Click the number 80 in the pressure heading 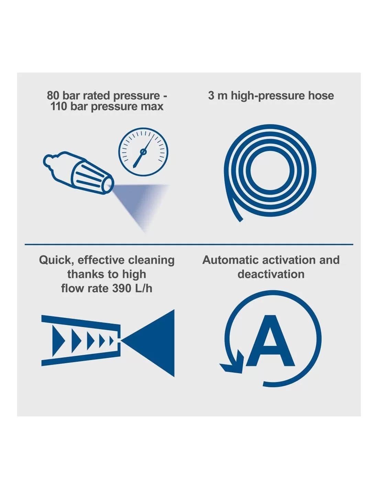[53, 96]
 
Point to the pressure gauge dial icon [143, 152]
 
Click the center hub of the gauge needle [143, 152]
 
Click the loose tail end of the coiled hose [240, 220]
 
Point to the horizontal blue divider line [189, 244]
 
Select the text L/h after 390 [143, 288]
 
